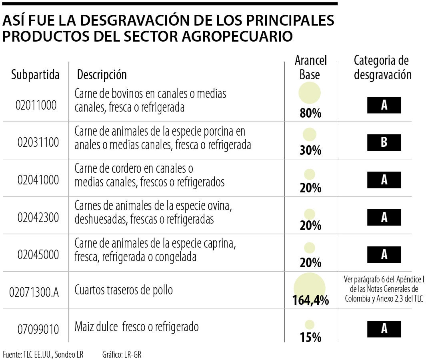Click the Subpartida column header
[x=35, y=74]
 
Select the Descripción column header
[x=102, y=74]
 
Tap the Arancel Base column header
[x=310, y=68]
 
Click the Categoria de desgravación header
[x=382, y=68]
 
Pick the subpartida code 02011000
[x=36, y=105]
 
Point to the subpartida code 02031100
[x=38, y=142]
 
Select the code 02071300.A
[x=34, y=292]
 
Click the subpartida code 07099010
[x=38, y=330]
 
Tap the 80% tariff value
[x=310, y=114]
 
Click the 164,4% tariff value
[x=310, y=300]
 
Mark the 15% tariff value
[x=310, y=338]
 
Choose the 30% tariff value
[x=310, y=151]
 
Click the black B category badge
[x=384, y=142]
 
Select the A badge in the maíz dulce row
[x=384, y=329]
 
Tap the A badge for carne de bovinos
[x=384, y=105]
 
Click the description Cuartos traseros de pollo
[x=124, y=290]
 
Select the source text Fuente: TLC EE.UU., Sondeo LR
[x=43, y=354]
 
